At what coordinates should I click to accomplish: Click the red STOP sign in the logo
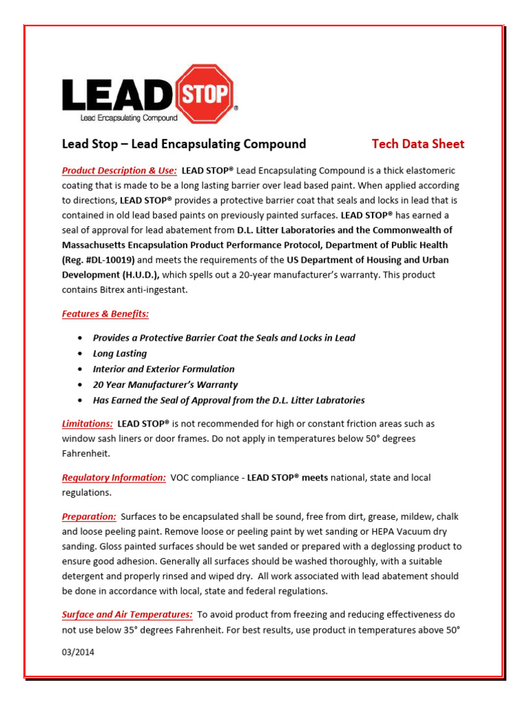(x=205, y=93)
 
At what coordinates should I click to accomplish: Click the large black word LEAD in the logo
(x=118, y=95)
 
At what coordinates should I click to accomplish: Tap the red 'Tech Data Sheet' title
(x=418, y=144)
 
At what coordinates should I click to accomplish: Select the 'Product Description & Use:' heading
(x=119, y=170)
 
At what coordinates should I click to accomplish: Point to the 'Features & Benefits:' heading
(x=105, y=314)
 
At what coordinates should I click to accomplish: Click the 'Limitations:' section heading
(x=87, y=424)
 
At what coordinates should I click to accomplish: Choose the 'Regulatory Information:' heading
(x=114, y=477)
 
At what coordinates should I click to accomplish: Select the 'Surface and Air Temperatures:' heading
(x=127, y=614)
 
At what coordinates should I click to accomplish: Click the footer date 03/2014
(x=78, y=652)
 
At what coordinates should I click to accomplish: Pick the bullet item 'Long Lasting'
(x=120, y=354)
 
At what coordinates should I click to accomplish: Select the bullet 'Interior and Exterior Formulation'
(x=163, y=369)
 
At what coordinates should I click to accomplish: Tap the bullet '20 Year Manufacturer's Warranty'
(x=165, y=385)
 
